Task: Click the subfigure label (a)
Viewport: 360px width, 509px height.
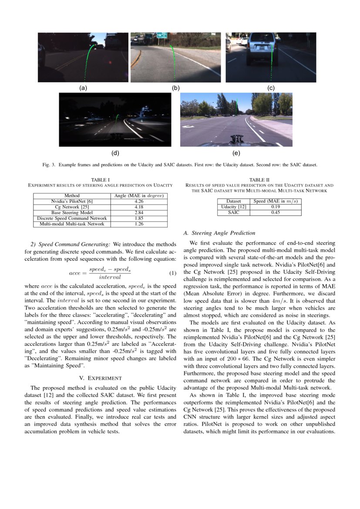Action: pos(83,88)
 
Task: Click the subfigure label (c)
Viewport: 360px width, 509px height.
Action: pos(271,88)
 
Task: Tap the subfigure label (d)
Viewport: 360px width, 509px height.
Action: pos(115,153)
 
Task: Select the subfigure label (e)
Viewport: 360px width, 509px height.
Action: pos(236,153)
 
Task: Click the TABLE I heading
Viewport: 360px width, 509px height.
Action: pos(100,179)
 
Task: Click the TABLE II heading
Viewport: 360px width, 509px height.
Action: pos(259,179)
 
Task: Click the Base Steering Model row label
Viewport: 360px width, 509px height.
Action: pos(72,212)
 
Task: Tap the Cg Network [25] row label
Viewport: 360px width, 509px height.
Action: pos(72,207)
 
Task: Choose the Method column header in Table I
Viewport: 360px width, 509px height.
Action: pos(72,196)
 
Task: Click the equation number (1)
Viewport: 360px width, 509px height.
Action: pos(172,273)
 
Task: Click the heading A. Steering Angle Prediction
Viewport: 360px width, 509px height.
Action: pos(220,233)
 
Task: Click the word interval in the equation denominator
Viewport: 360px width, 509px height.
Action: pos(110,277)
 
